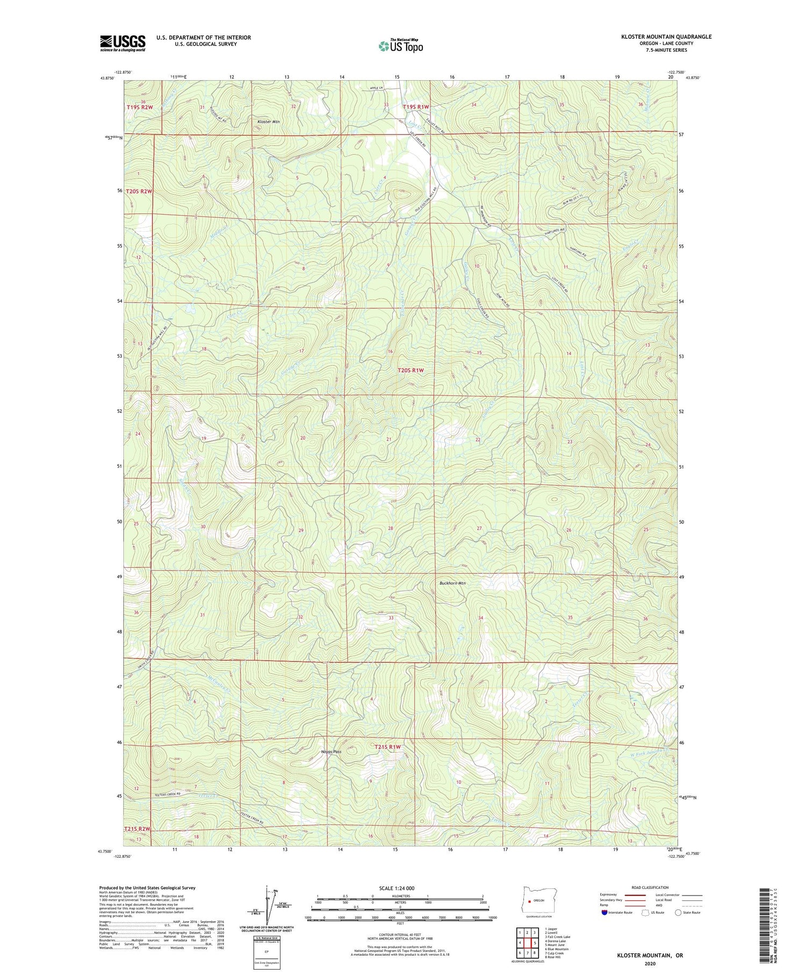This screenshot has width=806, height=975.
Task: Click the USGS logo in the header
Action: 123,43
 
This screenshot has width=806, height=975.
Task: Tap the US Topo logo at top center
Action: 400,46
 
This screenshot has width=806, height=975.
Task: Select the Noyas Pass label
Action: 331,752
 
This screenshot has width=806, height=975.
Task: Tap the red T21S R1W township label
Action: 387,747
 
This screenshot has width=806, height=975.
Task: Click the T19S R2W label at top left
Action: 140,107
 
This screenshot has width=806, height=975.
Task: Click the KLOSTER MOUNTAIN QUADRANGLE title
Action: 666,37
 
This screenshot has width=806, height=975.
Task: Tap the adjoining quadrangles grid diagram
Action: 527,943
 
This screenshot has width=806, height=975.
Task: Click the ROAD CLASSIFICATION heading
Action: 650,887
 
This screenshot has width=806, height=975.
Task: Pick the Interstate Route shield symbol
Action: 604,913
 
